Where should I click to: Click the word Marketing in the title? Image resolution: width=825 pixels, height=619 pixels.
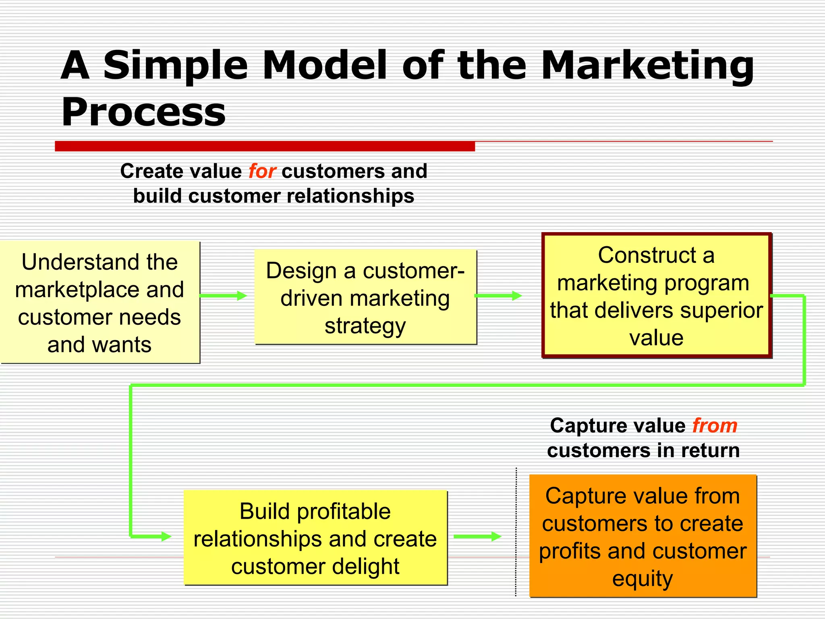click(x=647, y=66)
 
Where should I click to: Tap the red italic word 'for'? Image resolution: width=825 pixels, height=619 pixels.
click(x=262, y=171)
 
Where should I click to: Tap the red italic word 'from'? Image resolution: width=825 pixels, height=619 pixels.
click(x=715, y=426)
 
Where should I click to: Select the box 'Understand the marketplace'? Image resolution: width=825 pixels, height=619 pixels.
click(x=99, y=302)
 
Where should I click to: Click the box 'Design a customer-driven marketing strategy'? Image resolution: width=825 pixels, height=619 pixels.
click(x=365, y=297)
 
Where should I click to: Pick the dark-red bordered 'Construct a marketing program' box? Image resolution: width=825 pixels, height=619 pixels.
click(x=656, y=295)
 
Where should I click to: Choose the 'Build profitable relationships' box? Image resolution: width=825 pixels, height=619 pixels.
click(x=315, y=538)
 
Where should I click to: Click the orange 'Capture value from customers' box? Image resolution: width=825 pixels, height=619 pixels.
click(x=643, y=536)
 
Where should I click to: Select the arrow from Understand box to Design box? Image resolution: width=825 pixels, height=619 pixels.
click(x=223, y=296)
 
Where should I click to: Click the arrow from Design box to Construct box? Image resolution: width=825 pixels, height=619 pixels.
click(x=498, y=296)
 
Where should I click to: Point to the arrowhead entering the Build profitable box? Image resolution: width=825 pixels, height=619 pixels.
click(x=166, y=536)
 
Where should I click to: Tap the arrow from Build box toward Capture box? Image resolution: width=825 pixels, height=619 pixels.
click(x=477, y=536)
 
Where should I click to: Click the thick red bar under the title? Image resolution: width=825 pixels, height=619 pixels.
click(x=265, y=146)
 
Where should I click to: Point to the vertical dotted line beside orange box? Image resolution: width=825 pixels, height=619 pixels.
click(x=516, y=532)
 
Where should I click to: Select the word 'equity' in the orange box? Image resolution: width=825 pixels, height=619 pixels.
click(x=643, y=579)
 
